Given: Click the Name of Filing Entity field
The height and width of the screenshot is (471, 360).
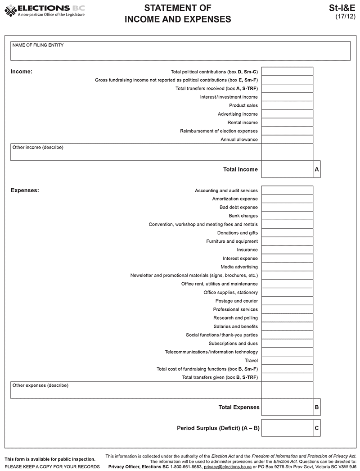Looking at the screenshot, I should tap(180, 51).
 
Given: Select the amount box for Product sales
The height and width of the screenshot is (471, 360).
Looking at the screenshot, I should tap(287, 105).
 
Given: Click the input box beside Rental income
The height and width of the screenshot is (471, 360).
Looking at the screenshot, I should tap(287, 122).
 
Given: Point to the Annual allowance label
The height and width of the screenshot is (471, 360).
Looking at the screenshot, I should tap(239, 140).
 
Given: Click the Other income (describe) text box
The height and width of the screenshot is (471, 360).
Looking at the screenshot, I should tap(135, 152).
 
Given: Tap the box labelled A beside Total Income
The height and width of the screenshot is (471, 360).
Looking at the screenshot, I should tap(317, 169).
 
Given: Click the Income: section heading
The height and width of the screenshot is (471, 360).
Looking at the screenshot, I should tap(21, 72).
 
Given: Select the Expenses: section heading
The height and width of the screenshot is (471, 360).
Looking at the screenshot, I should tap(25, 190).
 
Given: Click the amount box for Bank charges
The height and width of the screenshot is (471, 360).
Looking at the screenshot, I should tap(287, 216).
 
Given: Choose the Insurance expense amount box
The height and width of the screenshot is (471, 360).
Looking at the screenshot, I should tap(287, 250).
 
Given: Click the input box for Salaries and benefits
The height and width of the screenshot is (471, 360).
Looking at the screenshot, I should tap(287, 326).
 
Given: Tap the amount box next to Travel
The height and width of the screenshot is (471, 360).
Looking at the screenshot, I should tap(287, 360).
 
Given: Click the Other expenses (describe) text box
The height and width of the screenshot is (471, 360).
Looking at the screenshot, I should tap(135, 390).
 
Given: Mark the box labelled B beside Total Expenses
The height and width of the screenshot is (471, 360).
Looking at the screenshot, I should tap(317, 407).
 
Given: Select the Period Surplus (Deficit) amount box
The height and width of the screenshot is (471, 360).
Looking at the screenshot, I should tap(287, 428).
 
